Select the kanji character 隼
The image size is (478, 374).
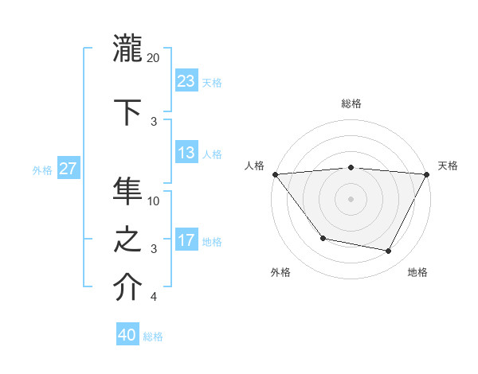point(128,192)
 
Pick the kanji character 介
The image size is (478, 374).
point(128,288)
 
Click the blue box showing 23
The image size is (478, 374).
point(186,80)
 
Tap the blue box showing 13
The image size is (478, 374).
point(186,153)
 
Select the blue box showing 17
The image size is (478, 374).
point(186,240)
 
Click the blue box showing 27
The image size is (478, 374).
point(69,169)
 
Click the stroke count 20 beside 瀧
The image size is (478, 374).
point(154,58)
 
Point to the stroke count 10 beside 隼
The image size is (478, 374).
point(154,201)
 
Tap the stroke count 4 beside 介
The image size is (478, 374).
point(154,297)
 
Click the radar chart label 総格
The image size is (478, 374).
point(351,103)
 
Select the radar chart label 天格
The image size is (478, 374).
point(449,166)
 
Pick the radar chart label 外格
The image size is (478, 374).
point(280,272)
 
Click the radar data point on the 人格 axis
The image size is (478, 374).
point(275,174)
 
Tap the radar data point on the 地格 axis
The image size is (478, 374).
point(389,251)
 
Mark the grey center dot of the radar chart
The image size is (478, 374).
point(351,199)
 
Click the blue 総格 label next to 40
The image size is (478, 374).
point(154,337)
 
